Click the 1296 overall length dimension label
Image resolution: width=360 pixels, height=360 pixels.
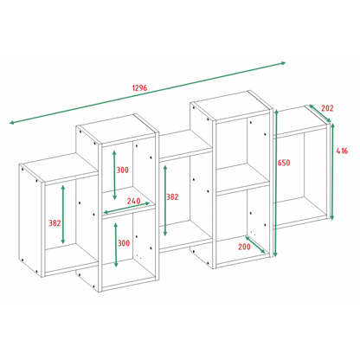(139, 87)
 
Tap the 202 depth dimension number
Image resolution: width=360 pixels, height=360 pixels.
(327, 108)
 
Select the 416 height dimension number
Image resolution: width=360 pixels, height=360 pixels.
(342, 151)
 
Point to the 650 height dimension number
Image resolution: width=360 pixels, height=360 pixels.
(284, 163)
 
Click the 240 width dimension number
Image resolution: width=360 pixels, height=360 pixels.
(134, 201)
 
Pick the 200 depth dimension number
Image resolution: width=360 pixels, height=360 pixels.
(244, 247)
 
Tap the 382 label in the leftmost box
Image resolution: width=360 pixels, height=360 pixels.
(55, 223)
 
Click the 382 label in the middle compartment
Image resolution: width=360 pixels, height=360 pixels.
(172, 196)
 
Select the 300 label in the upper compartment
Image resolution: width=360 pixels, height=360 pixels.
(123, 170)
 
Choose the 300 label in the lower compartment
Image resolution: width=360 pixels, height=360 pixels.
(124, 243)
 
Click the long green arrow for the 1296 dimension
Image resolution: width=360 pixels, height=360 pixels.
(147, 93)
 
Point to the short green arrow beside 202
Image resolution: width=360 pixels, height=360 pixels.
(320, 113)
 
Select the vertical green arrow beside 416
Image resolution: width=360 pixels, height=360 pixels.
(332, 171)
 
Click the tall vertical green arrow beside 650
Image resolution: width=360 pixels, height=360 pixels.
(276, 183)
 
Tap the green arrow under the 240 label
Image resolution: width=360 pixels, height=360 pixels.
(126, 208)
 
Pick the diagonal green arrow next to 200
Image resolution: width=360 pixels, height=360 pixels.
(255, 245)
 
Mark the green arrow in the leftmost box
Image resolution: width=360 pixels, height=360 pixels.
(63, 215)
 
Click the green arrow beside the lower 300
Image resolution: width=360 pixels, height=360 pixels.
(116, 245)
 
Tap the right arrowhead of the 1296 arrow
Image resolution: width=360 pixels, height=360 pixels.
(283, 63)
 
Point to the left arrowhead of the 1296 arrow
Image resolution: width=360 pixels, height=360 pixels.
(12, 123)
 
